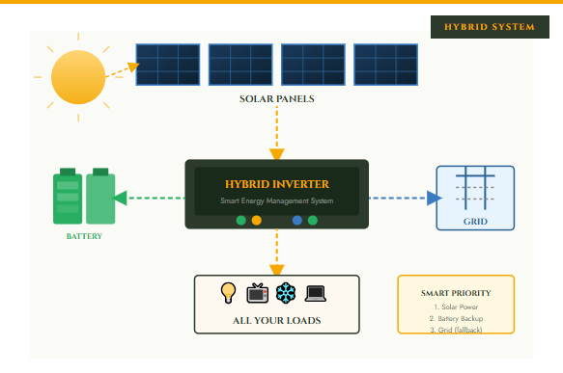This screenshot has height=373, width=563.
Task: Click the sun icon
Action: coord(76,77)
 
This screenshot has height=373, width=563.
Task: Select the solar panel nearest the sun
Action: coord(168,65)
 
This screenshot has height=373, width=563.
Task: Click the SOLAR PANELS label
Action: coord(277,99)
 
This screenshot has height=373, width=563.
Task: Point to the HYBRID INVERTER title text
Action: coord(277,183)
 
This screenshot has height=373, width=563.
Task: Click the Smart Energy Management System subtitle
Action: coord(277,202)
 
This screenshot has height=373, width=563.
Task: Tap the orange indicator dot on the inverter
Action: coord(257,221)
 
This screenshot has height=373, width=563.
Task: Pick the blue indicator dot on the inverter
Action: coord(297,221)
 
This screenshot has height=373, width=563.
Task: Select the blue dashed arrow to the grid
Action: coord(401,198)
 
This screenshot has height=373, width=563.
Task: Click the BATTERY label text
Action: coord(84,236)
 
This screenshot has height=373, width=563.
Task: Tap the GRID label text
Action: coord(474,221)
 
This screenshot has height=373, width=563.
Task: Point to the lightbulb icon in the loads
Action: coord(229,292)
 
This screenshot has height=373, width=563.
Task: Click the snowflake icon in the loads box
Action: coord(287,292)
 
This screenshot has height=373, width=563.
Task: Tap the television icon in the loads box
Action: coord(258,292)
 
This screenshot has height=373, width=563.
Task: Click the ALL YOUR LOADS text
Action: coord(277,320)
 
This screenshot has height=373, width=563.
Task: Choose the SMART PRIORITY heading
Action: coord(456,293)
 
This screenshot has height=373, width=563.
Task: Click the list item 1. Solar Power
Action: coord(456,306)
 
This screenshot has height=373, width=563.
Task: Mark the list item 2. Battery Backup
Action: coord(456,318)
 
